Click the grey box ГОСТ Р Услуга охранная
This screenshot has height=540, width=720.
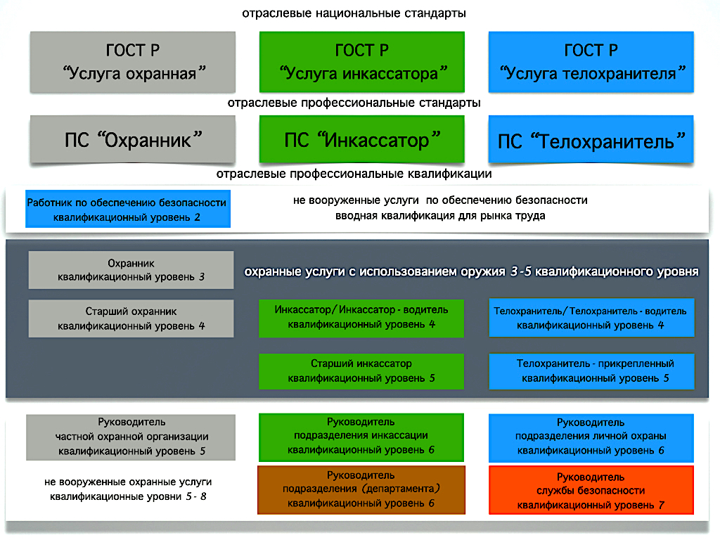click(133, 62)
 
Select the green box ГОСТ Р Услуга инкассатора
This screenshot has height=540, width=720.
click(362, 62)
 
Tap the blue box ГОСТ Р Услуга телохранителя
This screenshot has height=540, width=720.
click(591, 62)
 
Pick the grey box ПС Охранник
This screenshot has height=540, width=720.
click(133, 139)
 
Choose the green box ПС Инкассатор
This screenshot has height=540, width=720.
click(362, 139)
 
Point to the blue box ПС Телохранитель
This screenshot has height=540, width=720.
click(591, 139)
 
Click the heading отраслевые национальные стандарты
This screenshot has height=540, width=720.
click(354, 13)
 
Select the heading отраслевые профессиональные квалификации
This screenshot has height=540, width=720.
click(354, 174)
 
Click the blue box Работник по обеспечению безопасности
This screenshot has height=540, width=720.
click(128, 209)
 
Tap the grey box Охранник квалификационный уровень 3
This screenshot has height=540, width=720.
click(131, 270)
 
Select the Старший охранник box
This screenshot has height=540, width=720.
click(131, 319)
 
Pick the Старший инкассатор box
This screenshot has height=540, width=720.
click(361, 371)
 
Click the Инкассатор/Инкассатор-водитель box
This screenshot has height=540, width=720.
click(361, 319)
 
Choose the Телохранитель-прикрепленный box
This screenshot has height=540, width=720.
click(591, 371)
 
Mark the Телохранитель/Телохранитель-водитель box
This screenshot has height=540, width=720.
click(591, 318)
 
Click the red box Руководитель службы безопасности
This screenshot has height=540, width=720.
click(591, 490)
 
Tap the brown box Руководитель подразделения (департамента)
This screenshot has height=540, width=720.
click(361, 490)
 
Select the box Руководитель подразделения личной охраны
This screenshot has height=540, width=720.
click(591, 438)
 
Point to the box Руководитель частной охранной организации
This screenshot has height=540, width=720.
click(131, 437)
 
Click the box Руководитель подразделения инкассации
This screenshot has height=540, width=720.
click(361, 437)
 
